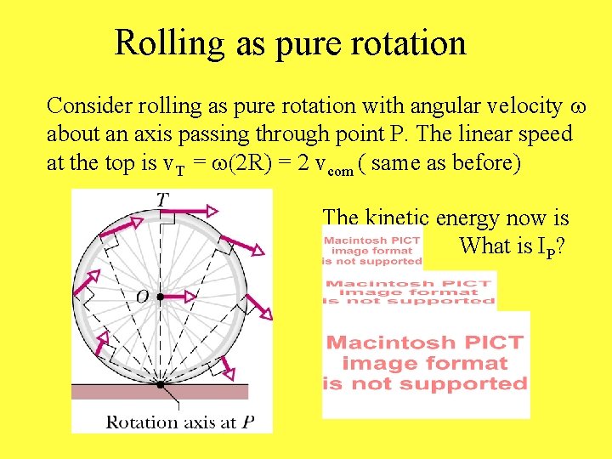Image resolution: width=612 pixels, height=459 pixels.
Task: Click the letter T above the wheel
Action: click(x=162, y=199)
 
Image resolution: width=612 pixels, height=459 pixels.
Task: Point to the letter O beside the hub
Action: click(x=141, y=297)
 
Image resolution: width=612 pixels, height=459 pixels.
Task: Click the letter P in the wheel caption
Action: click(x=247, y=422)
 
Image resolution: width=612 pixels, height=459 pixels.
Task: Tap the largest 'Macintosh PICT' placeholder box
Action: click(x=426, y=364)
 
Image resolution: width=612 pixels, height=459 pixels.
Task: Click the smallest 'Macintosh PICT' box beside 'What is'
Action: click(x=371, y=251)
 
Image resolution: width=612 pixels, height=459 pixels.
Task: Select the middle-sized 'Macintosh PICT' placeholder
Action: click(x=409, y=292)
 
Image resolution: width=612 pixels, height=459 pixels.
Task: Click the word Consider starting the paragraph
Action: click(x=84, y=106)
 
